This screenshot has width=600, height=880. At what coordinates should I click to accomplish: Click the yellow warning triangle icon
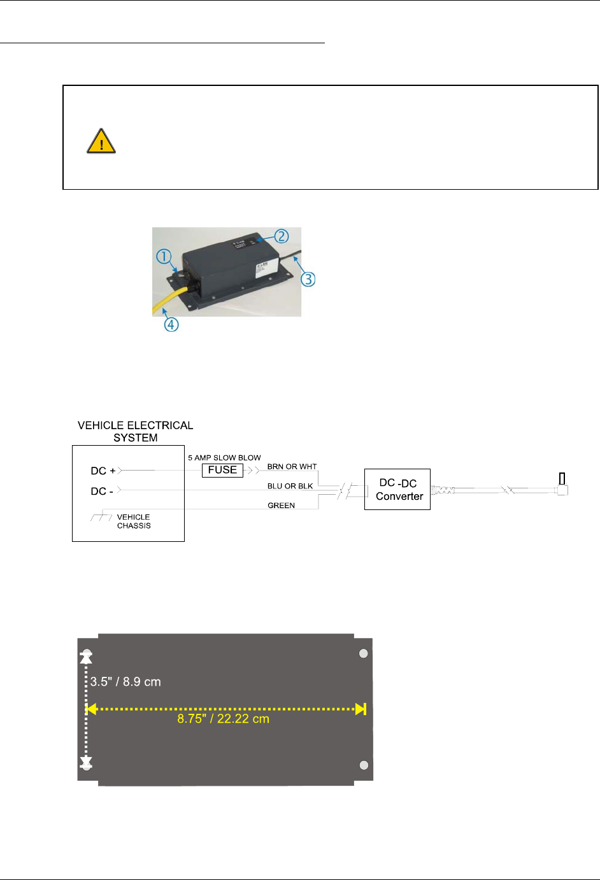(101, 141)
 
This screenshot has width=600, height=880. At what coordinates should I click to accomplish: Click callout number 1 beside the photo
(164, 257)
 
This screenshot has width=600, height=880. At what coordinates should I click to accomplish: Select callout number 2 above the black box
(282, 236)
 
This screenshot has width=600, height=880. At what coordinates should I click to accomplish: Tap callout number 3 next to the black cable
(308, 279)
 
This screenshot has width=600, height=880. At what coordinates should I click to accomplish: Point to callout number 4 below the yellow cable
(171, 324)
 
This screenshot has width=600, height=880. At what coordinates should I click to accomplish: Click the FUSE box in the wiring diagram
(222, 470)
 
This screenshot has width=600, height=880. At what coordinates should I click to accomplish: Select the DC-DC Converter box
(397, 489)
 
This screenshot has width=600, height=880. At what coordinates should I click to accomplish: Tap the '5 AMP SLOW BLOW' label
(224, 458)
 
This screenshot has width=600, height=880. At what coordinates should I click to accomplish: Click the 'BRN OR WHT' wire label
(292, 467)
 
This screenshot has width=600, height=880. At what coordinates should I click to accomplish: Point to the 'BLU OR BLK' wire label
(290, 486)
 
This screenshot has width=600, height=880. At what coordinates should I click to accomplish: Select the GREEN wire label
(281, 506)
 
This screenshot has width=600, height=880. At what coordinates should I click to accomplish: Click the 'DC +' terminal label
(103, 471)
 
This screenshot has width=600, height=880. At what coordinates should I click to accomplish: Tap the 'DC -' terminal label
(102, 491)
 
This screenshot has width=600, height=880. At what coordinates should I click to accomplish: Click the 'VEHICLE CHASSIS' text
(134, 522)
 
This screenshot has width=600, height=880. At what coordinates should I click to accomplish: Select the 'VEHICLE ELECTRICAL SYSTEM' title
(135, 431)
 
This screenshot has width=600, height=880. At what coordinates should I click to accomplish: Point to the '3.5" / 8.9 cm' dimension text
(125, 682)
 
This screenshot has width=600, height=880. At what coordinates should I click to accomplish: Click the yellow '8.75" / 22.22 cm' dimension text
(223, 719)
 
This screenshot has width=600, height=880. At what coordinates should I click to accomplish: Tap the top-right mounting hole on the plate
(364, 653)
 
